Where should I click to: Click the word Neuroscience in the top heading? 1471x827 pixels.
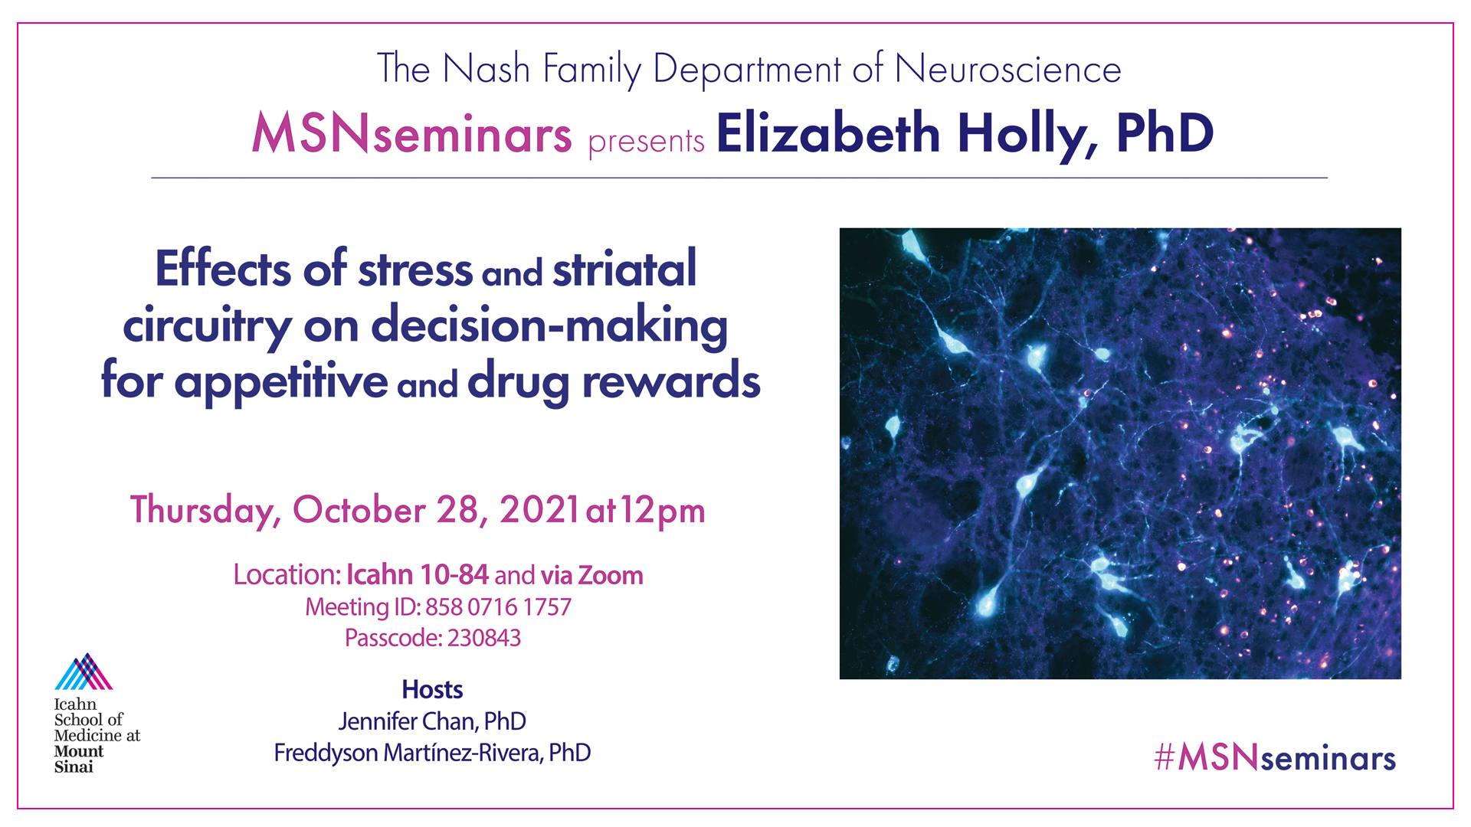click(x=1007, y=69)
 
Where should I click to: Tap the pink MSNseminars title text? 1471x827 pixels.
click(x=411, y=133)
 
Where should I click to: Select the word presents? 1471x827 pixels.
click(x=646, y=142)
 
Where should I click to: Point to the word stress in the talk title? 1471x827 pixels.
click(x=415, y=270)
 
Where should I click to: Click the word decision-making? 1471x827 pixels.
click(x=549, y=326)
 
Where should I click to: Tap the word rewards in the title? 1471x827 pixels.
click(x=671, y=381)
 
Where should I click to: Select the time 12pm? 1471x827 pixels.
click(x=663, y=511)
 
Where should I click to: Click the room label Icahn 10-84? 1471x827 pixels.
click(x=418, y=574)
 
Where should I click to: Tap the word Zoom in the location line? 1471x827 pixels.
click(x=611, y=575)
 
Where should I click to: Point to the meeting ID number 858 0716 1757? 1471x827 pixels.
click(x=498, y=607)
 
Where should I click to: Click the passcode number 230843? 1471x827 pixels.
click(x=484, y=638)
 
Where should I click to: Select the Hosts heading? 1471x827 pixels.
click(x=432, y=690)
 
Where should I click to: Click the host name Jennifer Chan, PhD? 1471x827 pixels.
click(x=432, y=721)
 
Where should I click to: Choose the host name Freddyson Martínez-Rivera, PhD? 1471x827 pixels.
click(x=432, y=753)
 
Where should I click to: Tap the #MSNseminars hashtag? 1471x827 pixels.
click(x=1275, y=757)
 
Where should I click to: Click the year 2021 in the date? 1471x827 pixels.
click(x=539, y=511)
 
